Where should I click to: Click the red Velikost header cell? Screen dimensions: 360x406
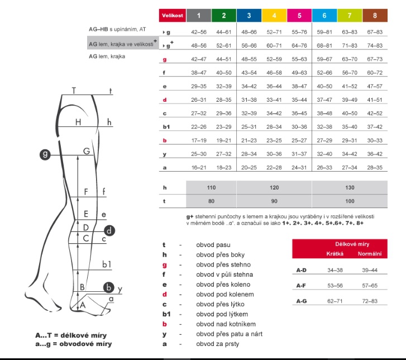point(172,16)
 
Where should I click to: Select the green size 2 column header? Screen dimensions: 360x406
point(223,16)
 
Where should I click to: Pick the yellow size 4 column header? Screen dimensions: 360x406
point(274,16)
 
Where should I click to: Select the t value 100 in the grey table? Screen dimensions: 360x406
point(349,201)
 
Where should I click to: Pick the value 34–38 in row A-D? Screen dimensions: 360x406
point(335,270)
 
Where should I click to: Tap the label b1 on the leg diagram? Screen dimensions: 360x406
point(107,264)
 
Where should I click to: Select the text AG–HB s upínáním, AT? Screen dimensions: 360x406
point(117,29)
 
